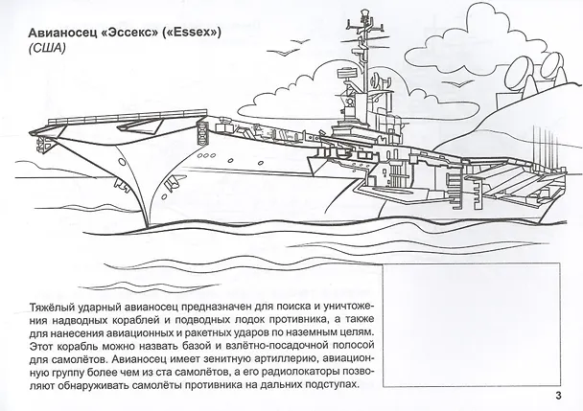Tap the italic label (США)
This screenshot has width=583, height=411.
pos(46,48)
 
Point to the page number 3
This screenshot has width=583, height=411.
pos(558,396)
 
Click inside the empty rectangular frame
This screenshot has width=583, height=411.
pos(472,325)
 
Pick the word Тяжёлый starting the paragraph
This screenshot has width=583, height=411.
pos(53,308)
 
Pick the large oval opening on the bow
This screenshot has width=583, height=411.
pos(122,162)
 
